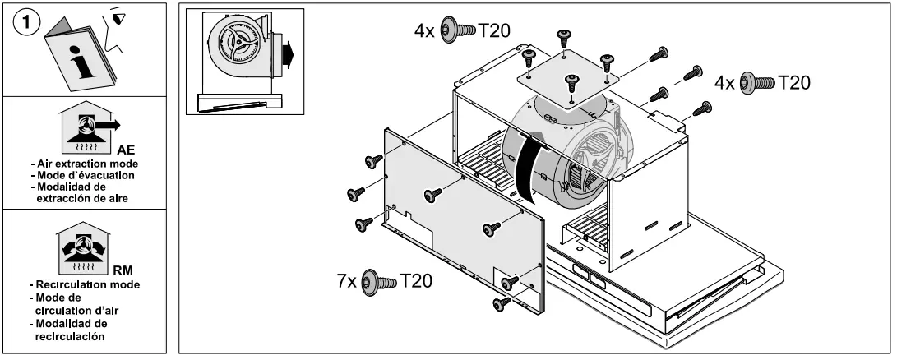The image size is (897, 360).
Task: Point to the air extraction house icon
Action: pyautogui.click(x=88, y=128)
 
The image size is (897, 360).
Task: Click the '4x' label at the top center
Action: pyautogui.click(x=424, y=30)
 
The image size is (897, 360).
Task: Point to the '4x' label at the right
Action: pyautogui.click(x=724, y=82)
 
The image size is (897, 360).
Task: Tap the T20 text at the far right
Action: pyautogui.click(x=794, y=82)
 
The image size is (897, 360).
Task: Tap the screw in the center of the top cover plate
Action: pyautogui.click(x=569, y=83)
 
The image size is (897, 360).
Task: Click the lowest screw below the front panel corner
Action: pyautogui.click(x=498, y=305)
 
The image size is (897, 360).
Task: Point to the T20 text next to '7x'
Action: pyautogui.click(x=417, y=281)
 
